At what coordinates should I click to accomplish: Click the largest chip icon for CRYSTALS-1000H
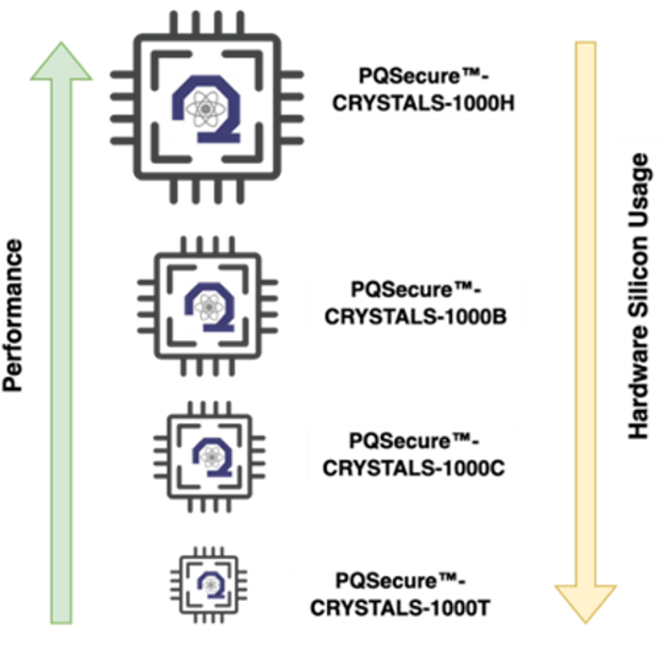206,110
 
